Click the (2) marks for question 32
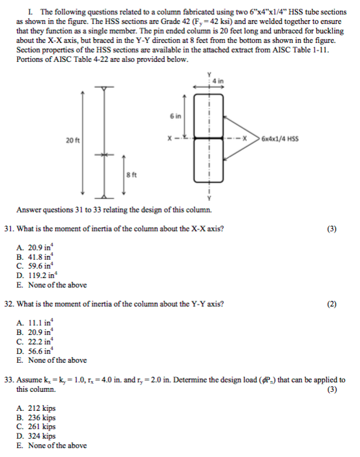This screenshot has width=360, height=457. pyautogui.click(x=332, y=304)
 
